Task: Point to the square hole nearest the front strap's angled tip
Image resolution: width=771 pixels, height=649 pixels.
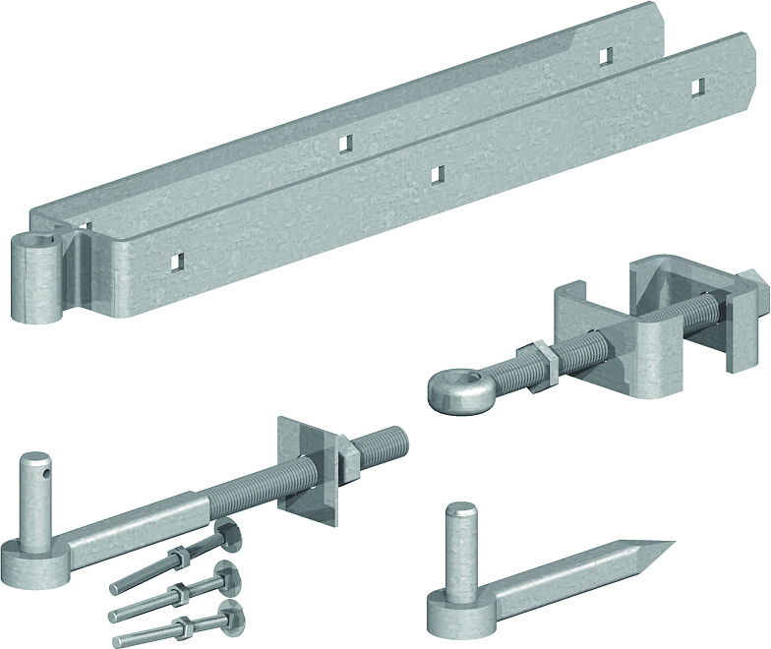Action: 695,88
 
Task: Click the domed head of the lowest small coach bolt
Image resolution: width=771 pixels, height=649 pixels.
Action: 229,614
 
